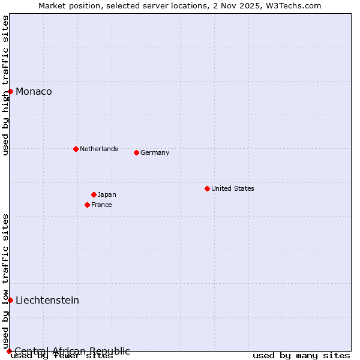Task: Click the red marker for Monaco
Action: tap(10, 91)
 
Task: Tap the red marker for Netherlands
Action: tap(76, 149)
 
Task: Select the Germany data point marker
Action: tap(136, 152)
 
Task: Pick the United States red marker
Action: tap(207, 188)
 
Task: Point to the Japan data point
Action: tap(94, 194)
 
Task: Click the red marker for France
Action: tap(87, 205)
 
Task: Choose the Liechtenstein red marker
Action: tap(10, 300)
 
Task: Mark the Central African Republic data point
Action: tap(9, 351)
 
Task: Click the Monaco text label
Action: tap(34, 91)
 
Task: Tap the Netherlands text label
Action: tap(99, 149)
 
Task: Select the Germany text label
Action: tap(155, 152)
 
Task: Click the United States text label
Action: tap(233, 188)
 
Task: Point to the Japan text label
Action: tap(107, 194)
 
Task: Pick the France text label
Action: tap(101, 205)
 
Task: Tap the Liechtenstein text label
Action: tap(47, 300)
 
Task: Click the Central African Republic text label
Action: tap(72, 351)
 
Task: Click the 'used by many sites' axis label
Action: tap(301, 356)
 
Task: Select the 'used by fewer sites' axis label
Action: tap(62, 356)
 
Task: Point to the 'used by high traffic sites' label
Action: tap(5, 85)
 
